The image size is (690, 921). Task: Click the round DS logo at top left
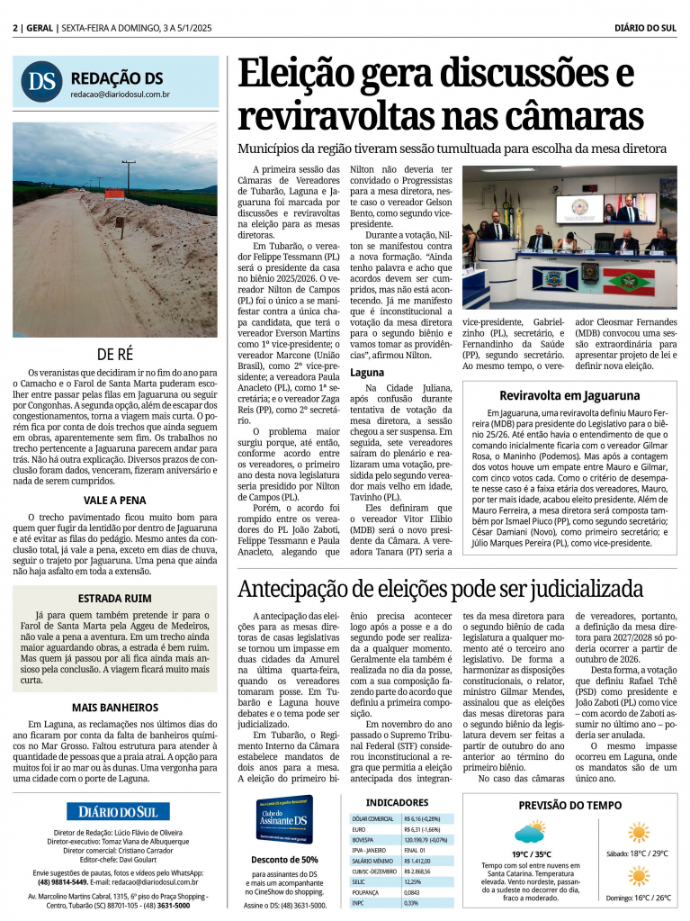tap(41, 82)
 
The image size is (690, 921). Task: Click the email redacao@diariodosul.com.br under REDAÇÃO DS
tap(121, 94)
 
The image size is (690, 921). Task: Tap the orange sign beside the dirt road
tap(114, 194)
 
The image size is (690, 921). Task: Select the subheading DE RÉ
tap(115, 354)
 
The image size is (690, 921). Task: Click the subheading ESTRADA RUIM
tap(115, 597)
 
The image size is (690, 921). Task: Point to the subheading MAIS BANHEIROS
tap(115, 708)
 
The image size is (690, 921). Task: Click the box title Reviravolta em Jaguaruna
tap(569, 395)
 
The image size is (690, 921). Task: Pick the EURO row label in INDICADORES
tap(359, 829)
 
